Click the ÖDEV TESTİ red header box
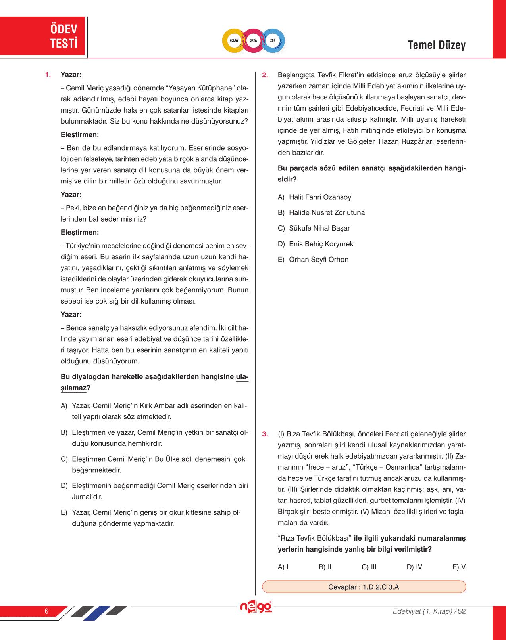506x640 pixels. pos(43,36)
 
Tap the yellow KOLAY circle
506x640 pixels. pos(234,40)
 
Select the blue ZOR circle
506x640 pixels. pos(273,40)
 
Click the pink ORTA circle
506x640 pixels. pos(253,40)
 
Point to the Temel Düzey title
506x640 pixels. pos(436,45)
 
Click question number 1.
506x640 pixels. pos(48,75)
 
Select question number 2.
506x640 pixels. pos(265,75)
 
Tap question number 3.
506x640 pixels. pos(265,434)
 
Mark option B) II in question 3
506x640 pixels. pos(325,567)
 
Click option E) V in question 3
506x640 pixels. pos(459,567)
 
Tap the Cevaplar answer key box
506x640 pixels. pos(364,587)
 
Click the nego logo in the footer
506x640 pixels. pos(256,607)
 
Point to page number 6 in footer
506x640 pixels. pos(46,611)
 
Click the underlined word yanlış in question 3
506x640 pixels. pos(354,549)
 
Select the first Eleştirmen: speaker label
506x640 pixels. pos(80,135)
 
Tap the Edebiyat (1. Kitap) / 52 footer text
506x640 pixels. pos(429,611)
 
